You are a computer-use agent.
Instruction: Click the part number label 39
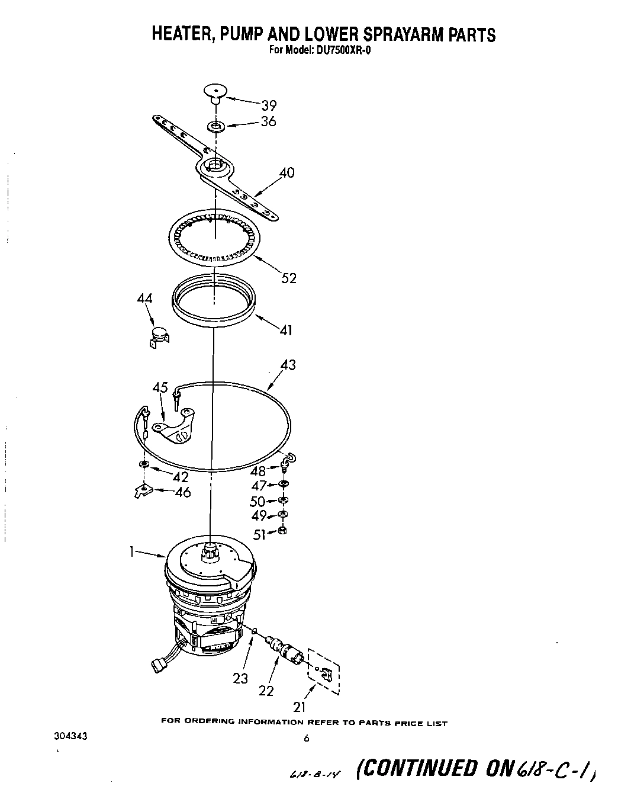click(x=269, y=105)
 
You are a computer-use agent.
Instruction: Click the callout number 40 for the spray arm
click(x=287, y=173)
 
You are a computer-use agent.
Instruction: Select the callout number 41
click(x=286, y=330)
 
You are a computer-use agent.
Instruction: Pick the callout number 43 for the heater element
click(x=288, y=365)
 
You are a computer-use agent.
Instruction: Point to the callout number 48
click(x=258, y=471)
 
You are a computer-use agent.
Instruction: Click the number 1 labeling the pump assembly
click(x=132, y=552)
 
